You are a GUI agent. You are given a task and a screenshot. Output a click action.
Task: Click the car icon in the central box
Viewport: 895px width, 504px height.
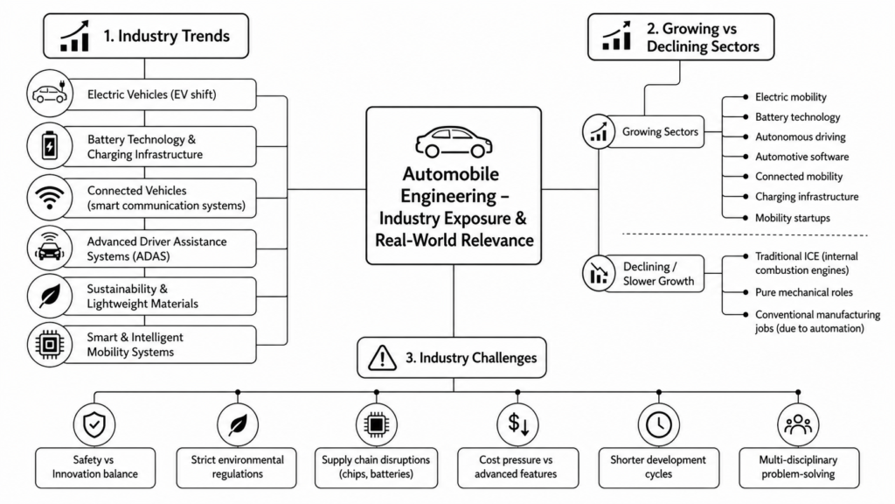pos(454,142)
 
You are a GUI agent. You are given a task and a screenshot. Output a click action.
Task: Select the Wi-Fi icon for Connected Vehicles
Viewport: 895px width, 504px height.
pos(50,198)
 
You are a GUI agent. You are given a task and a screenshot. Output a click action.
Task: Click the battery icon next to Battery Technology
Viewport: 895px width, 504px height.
pos(50,146)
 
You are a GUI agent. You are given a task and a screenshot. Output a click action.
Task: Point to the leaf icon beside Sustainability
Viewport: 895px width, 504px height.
pos(50,296)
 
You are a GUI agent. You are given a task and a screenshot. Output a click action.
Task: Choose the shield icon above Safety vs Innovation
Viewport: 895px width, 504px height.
pos(94,424)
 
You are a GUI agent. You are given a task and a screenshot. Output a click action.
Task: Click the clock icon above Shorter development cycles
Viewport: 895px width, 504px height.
pos(659,424)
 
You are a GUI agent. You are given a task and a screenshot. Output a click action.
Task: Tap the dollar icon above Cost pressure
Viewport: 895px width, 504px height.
pos(518,424)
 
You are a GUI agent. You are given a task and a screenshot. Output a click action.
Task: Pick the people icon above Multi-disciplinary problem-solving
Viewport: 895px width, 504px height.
pos(798,424)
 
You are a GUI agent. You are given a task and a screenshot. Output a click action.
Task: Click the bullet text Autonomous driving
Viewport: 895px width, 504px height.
pos(801,137)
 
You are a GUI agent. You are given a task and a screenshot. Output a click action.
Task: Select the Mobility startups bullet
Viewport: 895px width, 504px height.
pos(793,218)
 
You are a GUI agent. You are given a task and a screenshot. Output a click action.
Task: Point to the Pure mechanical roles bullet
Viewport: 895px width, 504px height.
pos(804,292)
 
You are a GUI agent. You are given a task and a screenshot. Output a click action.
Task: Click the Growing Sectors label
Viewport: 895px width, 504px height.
pos(660,132)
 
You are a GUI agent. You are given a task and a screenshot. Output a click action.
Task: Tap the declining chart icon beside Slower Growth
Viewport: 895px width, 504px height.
pos(598,273)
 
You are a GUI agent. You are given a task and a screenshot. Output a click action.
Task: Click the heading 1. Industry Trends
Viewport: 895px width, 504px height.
pos(166,36)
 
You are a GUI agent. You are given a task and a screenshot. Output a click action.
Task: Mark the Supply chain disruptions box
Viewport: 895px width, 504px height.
pos(376,467)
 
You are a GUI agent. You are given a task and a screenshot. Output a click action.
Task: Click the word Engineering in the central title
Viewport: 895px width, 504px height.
pos(448,196)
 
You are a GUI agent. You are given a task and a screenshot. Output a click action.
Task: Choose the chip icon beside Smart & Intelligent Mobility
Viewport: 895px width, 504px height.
pos(50,345)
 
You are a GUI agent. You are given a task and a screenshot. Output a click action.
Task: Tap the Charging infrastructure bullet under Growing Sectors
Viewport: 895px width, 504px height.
pos(807,197)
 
